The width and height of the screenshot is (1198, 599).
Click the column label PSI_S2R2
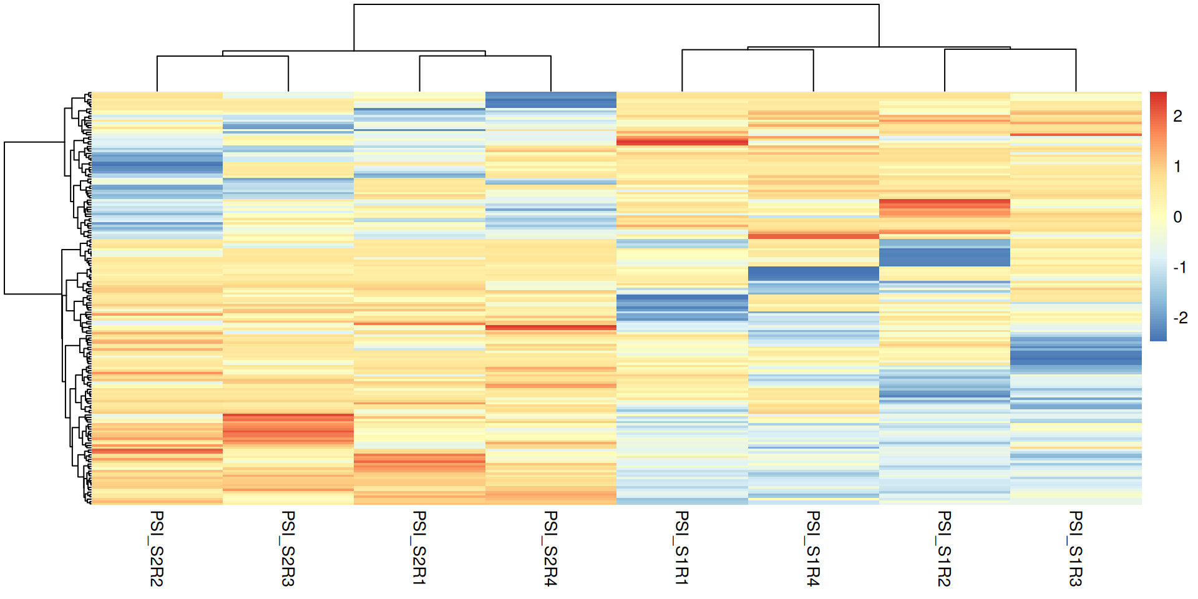(x=157, y=548)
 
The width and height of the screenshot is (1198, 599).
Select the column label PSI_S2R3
(x=288, y=548)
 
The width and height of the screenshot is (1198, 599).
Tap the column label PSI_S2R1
(x=419, y=548)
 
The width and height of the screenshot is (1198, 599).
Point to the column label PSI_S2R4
(x=550, y=548)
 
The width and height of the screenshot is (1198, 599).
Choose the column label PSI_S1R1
(x=682, y=548)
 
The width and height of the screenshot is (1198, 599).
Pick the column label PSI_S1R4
(x=813, y=548)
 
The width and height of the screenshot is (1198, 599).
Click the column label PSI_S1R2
(x=944, y=548)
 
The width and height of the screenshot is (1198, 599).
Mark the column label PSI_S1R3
(x=1076, y=548)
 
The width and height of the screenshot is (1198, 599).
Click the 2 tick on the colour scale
(x=1177, y=116)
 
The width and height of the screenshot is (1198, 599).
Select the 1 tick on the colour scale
(x=1177, y=167)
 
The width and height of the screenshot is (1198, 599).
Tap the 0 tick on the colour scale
(x=1177, y=217)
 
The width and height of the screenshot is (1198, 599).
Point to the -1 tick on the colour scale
(x=1179, y=268)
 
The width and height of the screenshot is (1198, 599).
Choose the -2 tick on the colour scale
(x=1179, y=318)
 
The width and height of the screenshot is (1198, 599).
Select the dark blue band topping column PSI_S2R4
(x=550, y=100)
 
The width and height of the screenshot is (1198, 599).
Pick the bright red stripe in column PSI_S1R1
(x=682, y=142)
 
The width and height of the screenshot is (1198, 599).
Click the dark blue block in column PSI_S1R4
(x=813, y=273)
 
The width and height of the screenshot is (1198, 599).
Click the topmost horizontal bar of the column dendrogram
(x=616, y=4)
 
